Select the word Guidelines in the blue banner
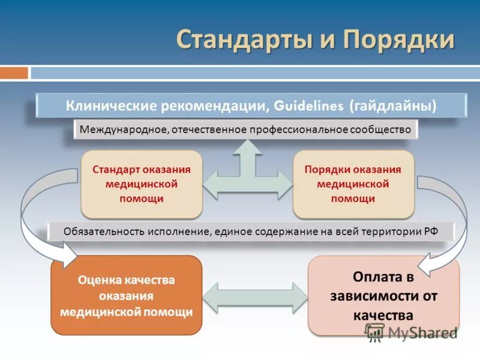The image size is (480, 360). [307, 106]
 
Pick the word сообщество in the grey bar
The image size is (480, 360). [383, 129]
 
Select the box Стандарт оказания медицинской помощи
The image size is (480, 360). [142, 184]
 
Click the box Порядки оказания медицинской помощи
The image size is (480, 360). [353, 184]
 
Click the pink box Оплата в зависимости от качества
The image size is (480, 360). [383, 295]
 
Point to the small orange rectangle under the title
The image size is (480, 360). [14, 73]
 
